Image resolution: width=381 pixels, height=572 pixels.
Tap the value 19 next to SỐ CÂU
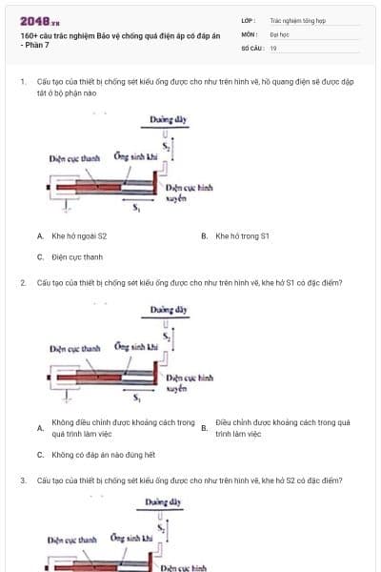(273, 47)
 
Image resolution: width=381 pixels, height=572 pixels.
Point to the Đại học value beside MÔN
(279, 33)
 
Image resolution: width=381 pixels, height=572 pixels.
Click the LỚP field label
(250, 19)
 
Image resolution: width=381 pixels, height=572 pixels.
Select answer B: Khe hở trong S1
(242, 235)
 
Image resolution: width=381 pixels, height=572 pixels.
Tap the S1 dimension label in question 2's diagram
(137, 396)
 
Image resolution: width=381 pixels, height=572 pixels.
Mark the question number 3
(23, 480)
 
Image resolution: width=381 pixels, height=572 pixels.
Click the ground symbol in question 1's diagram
(64, 204)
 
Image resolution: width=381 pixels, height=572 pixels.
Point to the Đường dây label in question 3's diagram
(163, 500)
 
